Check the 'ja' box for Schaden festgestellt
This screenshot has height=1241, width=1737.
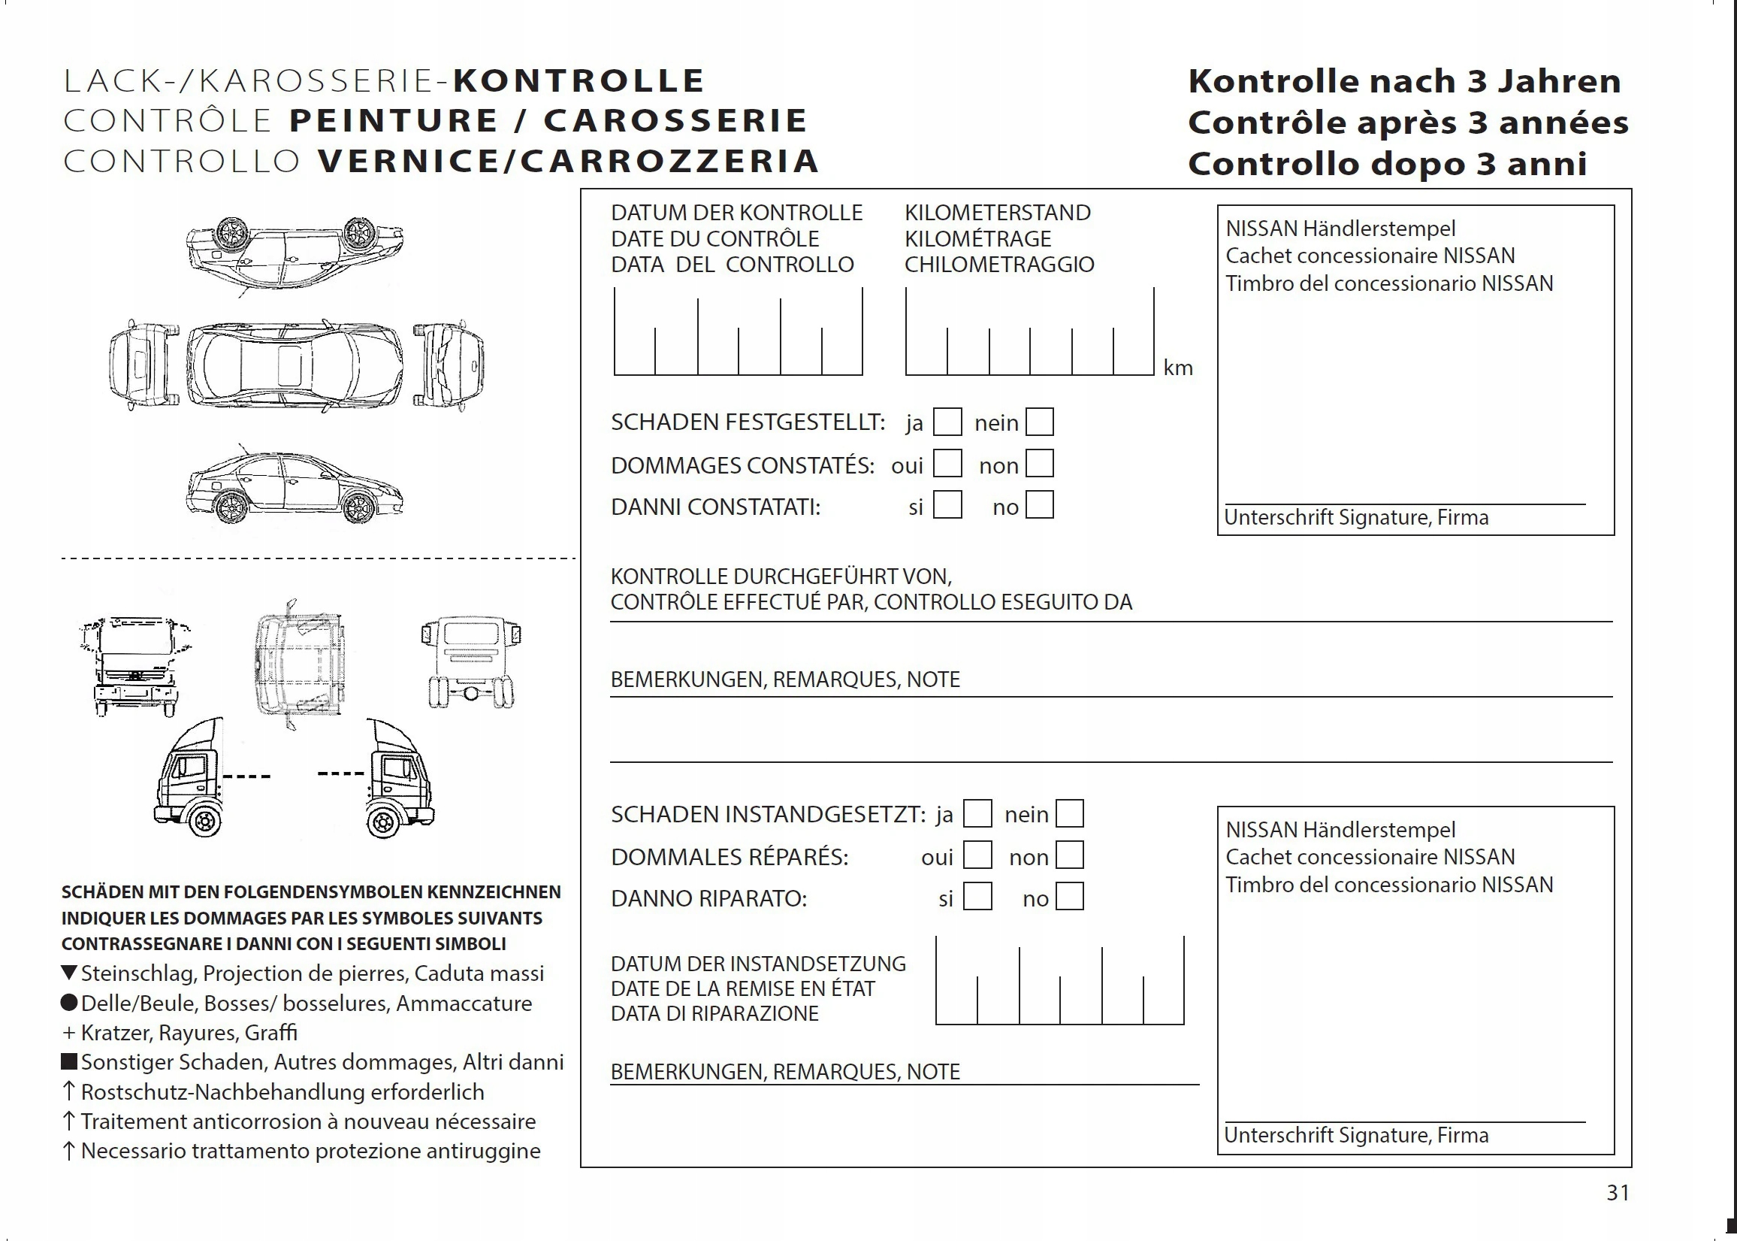pos(947,422)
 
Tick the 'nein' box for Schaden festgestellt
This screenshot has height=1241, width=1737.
pos(1039,422)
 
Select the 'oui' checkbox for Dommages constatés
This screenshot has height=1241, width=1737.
pos(947,464)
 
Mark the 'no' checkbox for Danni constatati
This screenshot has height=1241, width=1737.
pos(1039,505)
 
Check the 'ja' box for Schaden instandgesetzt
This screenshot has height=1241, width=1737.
pos(977,814)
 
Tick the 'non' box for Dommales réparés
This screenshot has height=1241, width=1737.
pos(1068,855)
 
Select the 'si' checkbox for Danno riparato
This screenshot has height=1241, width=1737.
pos(977,897)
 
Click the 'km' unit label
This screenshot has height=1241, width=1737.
pos(1177,368)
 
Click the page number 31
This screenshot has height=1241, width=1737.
pos(1618,1193)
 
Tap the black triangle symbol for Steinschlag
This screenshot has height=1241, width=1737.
pos(69,973)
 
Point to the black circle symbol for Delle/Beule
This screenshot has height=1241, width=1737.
pos(69,1003)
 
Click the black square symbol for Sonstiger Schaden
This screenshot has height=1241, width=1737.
pos(69,1061)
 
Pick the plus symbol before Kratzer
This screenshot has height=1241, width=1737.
pos(69,1032)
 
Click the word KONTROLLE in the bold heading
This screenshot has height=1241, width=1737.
pos(578,81)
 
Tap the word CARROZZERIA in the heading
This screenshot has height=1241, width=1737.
pos(670,162)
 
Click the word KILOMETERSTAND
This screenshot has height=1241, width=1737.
pos(997,213)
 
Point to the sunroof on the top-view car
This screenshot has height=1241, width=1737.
pos(288,365)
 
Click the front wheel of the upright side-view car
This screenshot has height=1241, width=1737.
pos(357,506)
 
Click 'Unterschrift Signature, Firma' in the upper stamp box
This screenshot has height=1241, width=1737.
pos(1356,517)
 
